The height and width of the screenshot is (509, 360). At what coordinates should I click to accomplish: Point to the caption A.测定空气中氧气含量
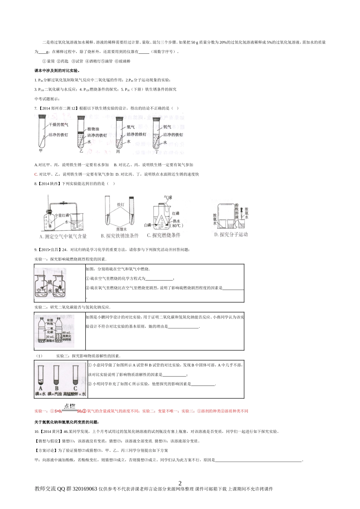63,236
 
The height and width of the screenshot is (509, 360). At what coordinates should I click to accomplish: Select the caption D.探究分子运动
231,234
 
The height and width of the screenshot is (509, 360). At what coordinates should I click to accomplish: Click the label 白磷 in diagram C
151,225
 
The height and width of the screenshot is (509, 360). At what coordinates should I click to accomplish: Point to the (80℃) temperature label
176,226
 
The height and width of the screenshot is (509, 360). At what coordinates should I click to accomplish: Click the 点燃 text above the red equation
70,406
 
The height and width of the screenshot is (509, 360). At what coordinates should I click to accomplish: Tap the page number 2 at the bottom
180,483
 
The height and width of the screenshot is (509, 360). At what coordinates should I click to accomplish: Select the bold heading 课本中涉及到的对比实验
57,70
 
